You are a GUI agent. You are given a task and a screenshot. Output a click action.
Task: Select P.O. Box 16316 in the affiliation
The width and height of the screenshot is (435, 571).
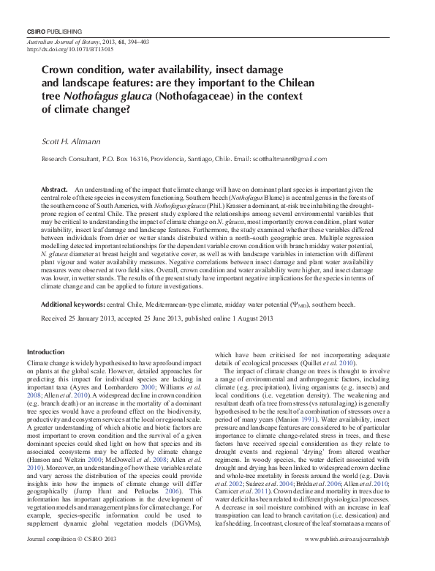pos(123,157)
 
